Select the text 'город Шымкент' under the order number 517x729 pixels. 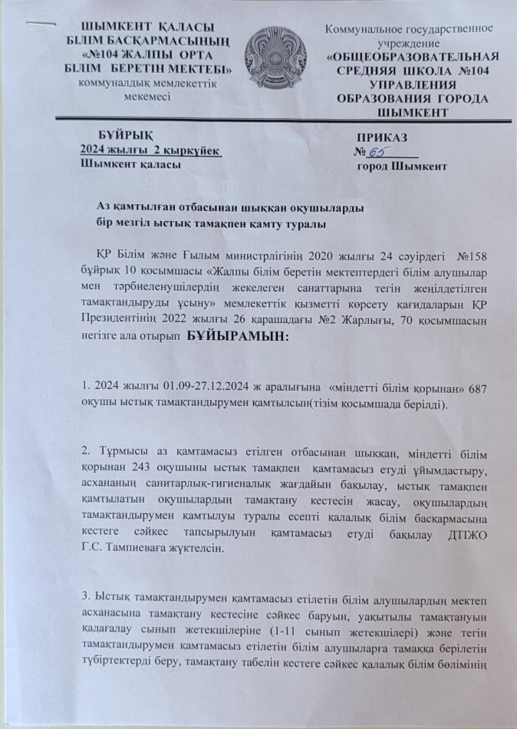pyautogui.click(x=401, y=166)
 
